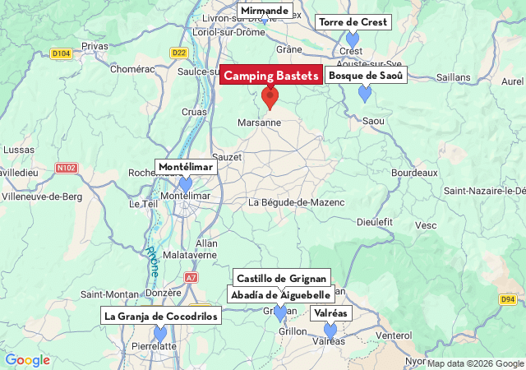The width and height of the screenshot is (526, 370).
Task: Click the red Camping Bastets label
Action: pyautogui.click(x=271, y=76)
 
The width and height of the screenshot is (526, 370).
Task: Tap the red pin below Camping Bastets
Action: pyautogui.click(x=270, y=99)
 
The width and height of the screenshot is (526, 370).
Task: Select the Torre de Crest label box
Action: pyautogui.click(x=353, y=22)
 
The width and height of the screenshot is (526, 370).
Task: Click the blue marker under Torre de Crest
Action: pyautogui.click(x=353, y=39)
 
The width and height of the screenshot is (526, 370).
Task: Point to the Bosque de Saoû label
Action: pyautogui.click(x=367, y=76)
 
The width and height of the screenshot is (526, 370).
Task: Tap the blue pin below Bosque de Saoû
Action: pyautogui.click(x=365, y=94)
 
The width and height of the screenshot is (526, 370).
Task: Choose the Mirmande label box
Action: pyautogui.click(x=265, y=11)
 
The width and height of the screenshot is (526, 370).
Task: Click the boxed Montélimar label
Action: pyautogui.click(x=186, y=167)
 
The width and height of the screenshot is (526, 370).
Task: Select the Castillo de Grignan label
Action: pyautogui.click(x=282, y=278)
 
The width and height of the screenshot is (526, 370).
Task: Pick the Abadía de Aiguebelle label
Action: pyautogui.click(x=281, y=295)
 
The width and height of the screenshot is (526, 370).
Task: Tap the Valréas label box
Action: pyautogui.click(x=330, y=313)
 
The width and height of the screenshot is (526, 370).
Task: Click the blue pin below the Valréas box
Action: pyautogui.click(x=330, y=331)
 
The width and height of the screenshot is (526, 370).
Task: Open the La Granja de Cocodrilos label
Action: pyautogui.click(x=161, y=316)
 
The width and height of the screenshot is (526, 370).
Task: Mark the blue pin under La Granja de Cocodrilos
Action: pyautogui.click(x=160, y=333)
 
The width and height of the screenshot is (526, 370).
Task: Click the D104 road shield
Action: pyautogui.click(x=61, y=53)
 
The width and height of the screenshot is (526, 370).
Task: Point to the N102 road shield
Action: pyautogui.click(x=67, y=169)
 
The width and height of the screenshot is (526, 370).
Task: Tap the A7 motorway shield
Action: pyautogui.click(x=191, y=278)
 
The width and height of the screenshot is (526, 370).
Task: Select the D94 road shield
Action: pyautogui.click(x=508, y=299)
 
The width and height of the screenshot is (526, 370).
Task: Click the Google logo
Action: pyautogui.click(x=27, y=360)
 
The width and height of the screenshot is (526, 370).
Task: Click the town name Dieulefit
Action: pyautogui.click(x=376, y=221)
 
